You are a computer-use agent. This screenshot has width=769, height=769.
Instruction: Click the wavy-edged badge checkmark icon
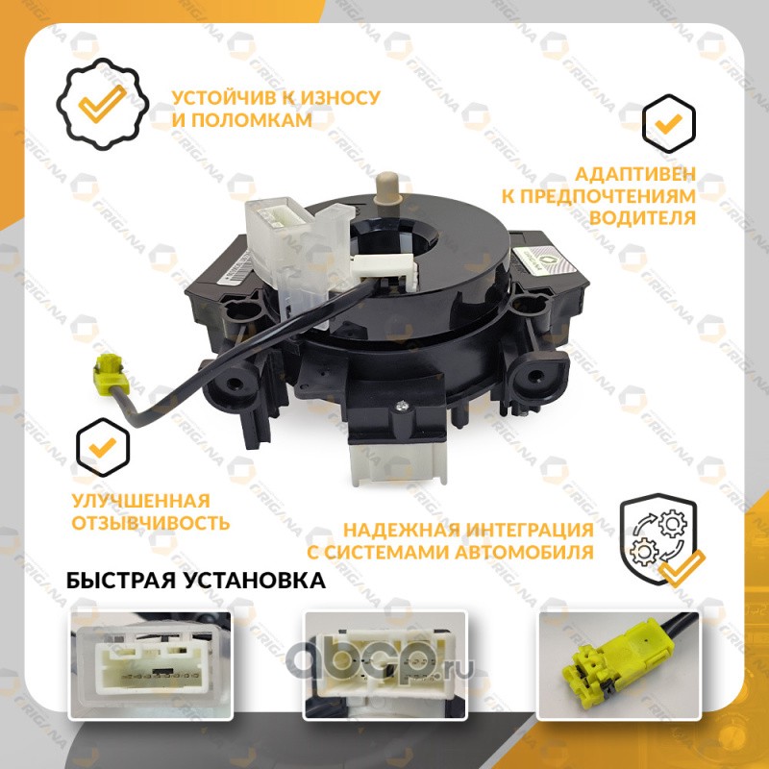[103, 104]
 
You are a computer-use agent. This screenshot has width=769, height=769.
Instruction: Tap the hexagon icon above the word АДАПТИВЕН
[668, 124]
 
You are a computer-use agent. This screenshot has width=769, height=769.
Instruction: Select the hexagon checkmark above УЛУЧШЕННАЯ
[103, 447]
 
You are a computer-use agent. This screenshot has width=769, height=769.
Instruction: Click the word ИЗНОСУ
[340, 98]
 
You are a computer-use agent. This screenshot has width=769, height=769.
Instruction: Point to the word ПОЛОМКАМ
[252, 120]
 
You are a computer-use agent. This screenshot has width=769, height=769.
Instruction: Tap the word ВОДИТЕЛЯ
[642, 218]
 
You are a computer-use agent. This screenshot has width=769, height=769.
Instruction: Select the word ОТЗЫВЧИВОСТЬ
[151, 523]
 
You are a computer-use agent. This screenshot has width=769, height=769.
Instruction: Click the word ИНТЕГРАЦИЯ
[530, 530]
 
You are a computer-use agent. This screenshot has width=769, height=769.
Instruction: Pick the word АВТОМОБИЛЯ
[524, 552]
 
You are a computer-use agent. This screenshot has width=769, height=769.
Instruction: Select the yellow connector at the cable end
[111, 374]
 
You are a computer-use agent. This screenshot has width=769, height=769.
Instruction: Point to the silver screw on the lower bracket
[402, 405]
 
